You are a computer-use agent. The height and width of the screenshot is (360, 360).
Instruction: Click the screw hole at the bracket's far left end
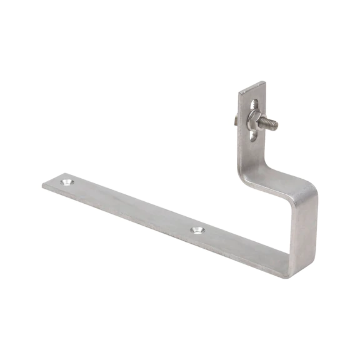coord(66,182)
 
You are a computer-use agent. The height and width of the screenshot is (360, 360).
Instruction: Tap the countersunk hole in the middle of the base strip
coord(198,230)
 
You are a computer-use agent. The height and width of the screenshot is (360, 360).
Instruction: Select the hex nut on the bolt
coord(254,118)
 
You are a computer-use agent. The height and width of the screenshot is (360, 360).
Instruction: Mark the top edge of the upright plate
coord(252,86)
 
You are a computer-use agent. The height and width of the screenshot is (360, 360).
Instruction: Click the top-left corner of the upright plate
coord(239,93)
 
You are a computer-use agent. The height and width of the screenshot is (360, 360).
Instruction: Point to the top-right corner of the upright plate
coord(264,82)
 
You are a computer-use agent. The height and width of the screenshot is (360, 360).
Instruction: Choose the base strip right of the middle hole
coord(244,247)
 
